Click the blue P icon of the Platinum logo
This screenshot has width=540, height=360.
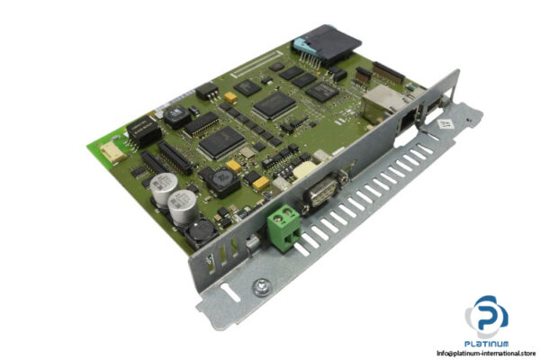pyautogui.click(x=486, y=316)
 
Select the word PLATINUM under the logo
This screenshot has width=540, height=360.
pyautogui.click(x=486, y=342)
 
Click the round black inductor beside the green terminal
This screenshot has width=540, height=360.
pyautogui.click(x=199, y=235)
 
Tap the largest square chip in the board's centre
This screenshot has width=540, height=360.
pyautogui.click(x=222, y=140)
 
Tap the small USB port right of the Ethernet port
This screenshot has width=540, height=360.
pyautogui.click(x=433, y=114)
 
